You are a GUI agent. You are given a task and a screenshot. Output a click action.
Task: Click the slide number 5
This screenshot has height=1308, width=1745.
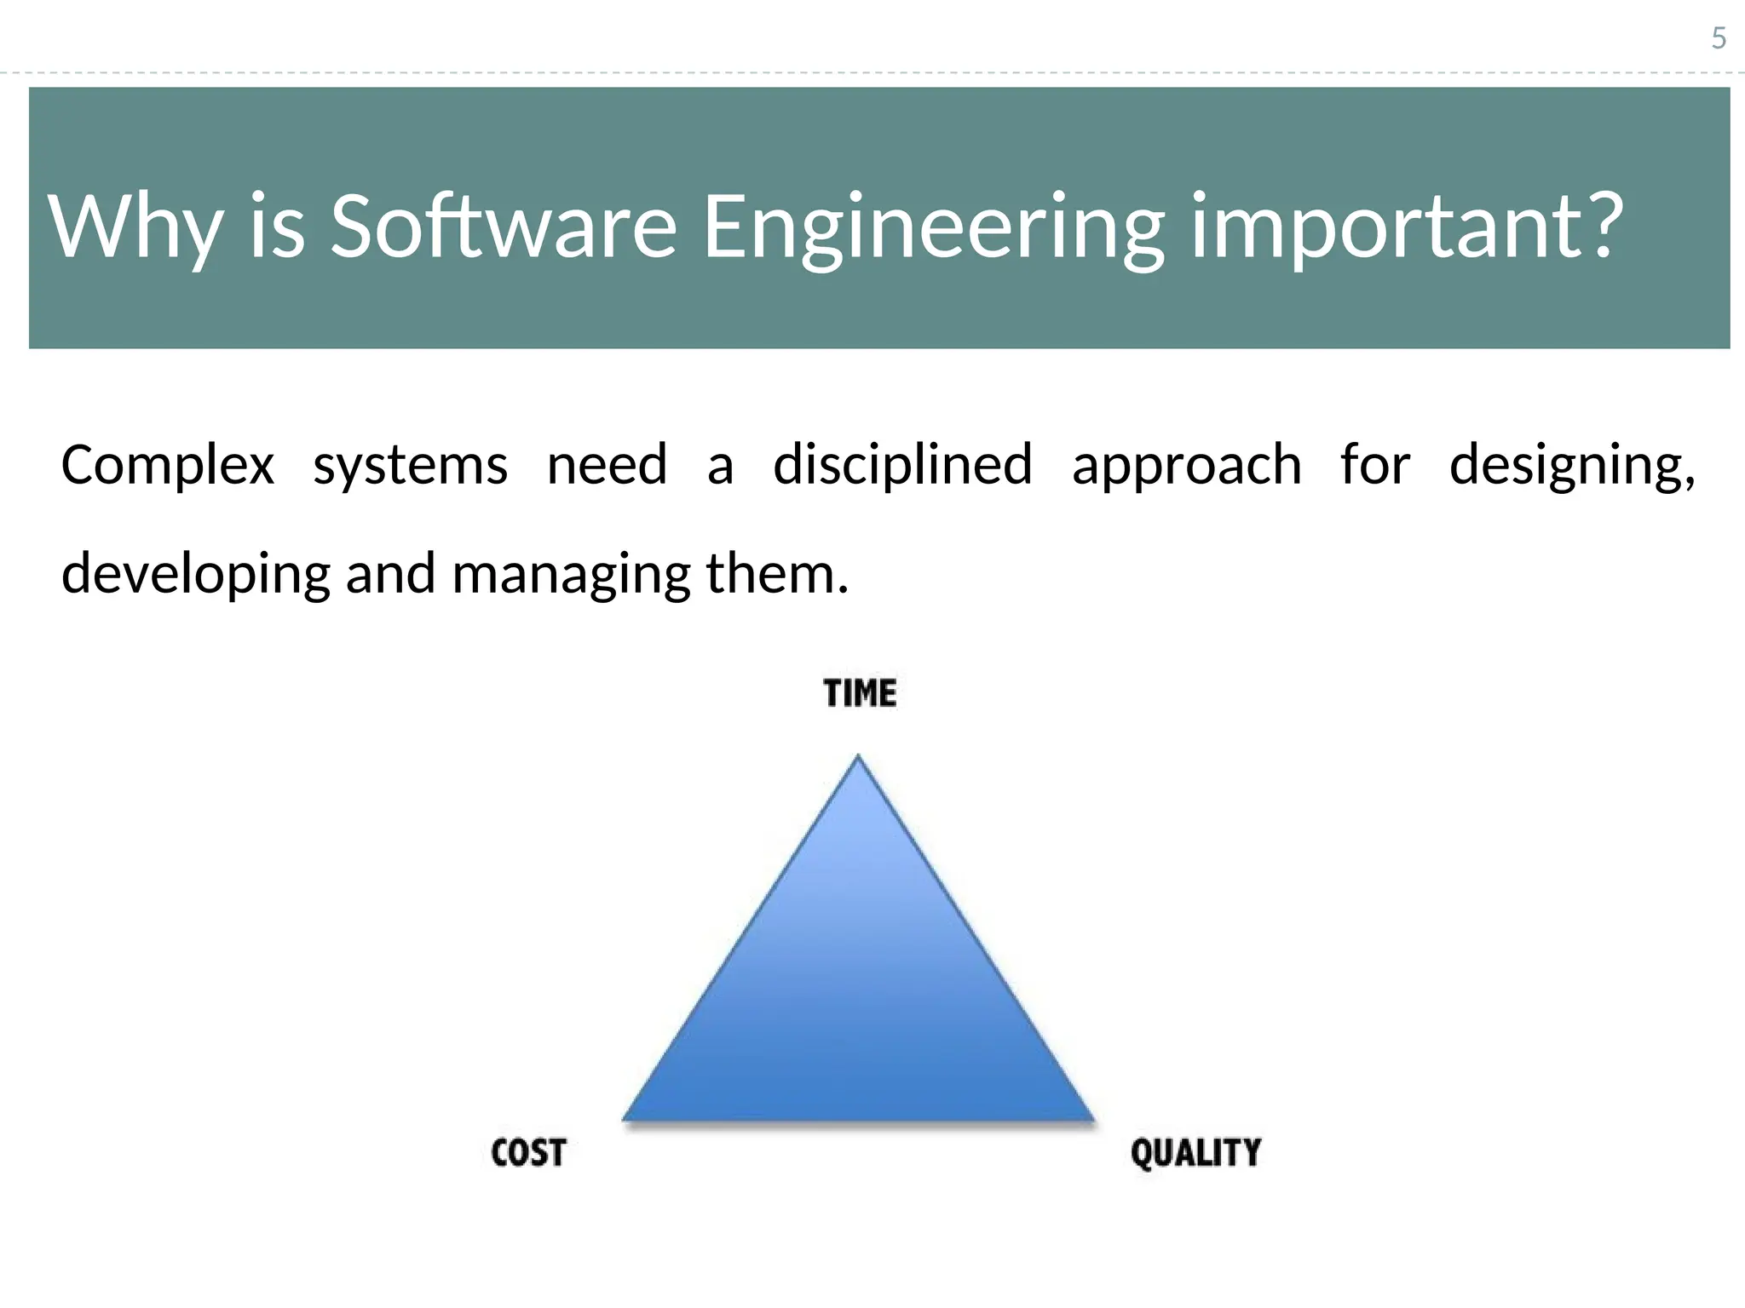pyautogui.click(x=1719, y=38)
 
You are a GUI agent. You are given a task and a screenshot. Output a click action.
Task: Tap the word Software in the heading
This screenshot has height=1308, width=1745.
pyautogui.click(x=503, y=227)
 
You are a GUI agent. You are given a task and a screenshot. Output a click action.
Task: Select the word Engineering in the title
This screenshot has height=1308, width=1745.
pyautogui.click(x=933, y=227)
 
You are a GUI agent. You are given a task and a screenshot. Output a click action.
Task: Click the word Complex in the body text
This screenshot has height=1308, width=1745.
pyautogui.click(x=168, y=466)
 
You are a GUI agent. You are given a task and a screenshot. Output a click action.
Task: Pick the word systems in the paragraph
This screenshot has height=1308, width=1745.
pyautogui.click(x=410, y=466)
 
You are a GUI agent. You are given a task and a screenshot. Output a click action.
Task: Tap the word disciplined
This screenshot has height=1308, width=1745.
pyautogui.click(x=902, y=466)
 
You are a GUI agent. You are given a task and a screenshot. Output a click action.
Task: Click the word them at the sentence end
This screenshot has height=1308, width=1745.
pyautogui.click(x=775, y=573)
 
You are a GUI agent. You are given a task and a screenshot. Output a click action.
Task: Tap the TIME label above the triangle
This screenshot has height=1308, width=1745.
pyautogui.click(x=860, y=693)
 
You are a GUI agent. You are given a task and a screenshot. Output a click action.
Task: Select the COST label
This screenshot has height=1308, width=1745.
pyautogui.click(x=528, y=1152)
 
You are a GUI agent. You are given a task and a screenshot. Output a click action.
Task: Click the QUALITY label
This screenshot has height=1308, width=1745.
pyautogui.click(x=1195, y=1152)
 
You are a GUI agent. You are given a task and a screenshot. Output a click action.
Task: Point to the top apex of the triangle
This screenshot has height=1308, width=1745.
pyautogui.click(x=858, y=758)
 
